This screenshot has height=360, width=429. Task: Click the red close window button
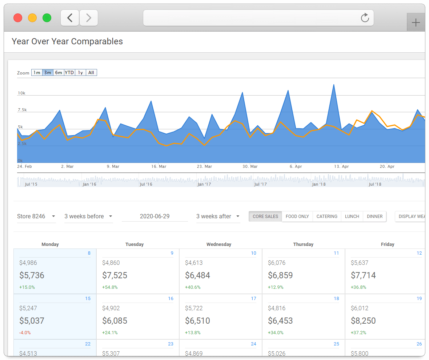(x=18, y=18)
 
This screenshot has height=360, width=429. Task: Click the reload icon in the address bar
(x=365, y=18)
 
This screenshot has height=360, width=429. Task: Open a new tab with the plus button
(x=416, y=23)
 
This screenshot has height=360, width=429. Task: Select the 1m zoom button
(x=37, y=73)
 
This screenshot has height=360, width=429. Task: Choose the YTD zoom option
(x=69, y=73)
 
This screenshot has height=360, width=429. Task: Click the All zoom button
(x=91, y=73)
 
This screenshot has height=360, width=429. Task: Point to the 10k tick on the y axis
(x=21, y=93)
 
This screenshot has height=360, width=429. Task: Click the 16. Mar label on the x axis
(x=159, y=166)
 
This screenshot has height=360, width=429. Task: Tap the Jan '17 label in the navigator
(x=204, y=184)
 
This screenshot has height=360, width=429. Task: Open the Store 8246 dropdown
(x=36, y=216)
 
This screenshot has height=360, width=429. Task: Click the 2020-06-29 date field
(x=155, y=216)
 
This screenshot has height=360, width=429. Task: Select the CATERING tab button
(x=327, y=216)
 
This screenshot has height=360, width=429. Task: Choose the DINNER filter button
(x=374, y=216)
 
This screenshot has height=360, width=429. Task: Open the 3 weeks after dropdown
(x=218, y=216)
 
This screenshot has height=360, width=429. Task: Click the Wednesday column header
(x=218, y=244)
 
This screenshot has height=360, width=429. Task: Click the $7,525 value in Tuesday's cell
(x=115, y=275)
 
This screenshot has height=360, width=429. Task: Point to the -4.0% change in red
(x=25, y=332)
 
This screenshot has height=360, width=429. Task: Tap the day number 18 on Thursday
(x=336, y=299)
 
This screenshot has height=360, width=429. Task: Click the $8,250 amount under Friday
(x=363, y=321)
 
